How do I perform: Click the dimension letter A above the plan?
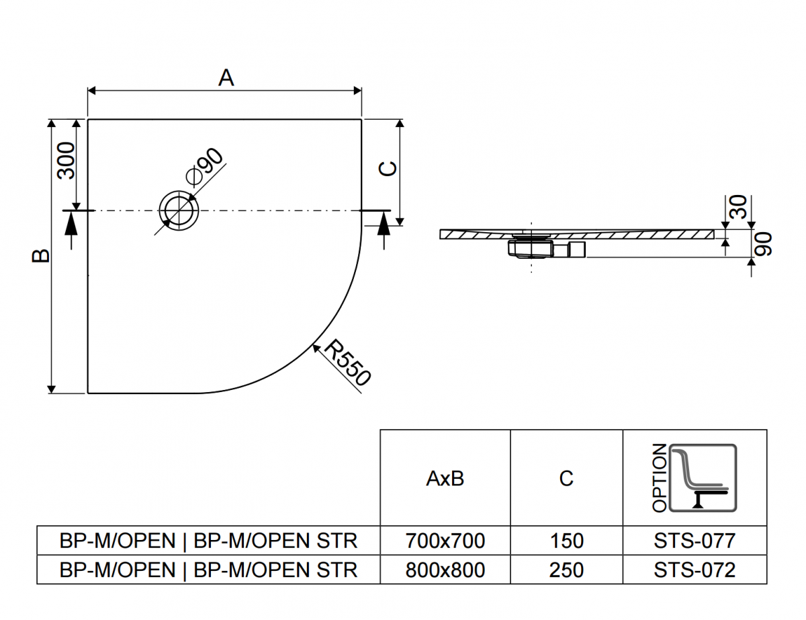(226, 78)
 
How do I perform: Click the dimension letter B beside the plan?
(41, 256)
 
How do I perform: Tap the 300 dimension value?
(66, 161)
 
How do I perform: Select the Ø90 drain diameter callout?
(205, 166)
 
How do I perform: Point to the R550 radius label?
(347, 362)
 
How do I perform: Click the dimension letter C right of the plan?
(388, 169)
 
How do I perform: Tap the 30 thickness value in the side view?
(738, 206)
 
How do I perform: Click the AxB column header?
(445, 479)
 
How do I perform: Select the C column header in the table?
(566, 479)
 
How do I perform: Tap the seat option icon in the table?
(703, 478)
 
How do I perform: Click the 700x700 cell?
(445, 541)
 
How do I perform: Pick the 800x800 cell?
(445, 570)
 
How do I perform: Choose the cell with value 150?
(566, 541)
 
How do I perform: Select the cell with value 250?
(566, 570)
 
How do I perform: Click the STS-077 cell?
(695, 541)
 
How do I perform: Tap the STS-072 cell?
(695, 570)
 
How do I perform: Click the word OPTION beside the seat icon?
(660, 478)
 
